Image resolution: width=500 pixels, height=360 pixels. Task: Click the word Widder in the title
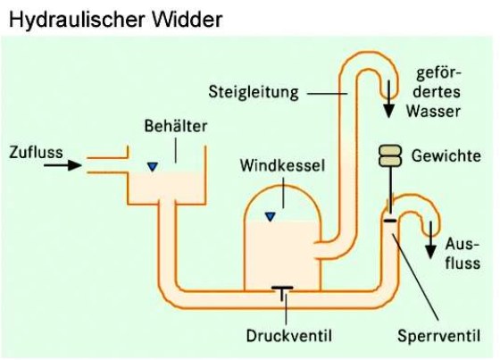point(187,20)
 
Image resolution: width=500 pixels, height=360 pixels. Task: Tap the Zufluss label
point(36,152)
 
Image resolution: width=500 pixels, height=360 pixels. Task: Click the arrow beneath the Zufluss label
point(62,165)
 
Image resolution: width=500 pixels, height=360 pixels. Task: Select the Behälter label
point(176,126)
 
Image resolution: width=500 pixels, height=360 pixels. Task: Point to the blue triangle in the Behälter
point(153,167)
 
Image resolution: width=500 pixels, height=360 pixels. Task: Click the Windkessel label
point(282,165)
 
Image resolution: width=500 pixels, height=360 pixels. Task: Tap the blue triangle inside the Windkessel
point(270,217)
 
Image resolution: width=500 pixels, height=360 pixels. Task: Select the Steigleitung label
point(254,92)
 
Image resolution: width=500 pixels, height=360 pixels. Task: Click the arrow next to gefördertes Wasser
point(388,99)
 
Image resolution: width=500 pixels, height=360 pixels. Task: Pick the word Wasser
point(433,112)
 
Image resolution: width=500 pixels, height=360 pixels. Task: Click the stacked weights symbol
point(390,155)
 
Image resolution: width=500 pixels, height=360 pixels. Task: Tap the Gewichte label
point(446,155)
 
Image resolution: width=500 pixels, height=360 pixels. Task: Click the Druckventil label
point(289,335)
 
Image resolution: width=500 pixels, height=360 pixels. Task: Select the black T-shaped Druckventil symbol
point(282,293)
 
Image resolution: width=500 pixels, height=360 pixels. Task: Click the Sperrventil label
point(438,336)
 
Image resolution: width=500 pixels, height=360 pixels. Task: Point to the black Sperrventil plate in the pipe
point(390,221)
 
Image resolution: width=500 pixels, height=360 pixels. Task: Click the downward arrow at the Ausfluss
point(430,240)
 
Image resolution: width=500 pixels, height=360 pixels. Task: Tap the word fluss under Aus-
point(462,264)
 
